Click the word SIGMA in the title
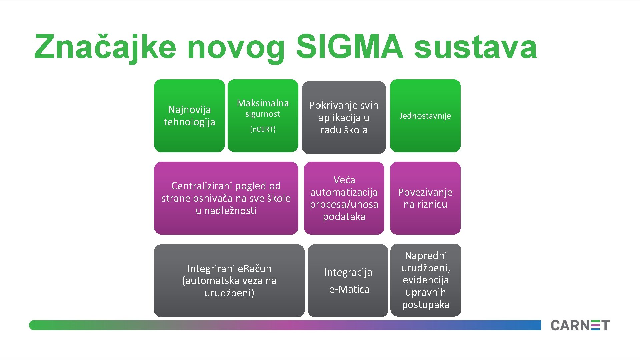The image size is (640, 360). (350, 47)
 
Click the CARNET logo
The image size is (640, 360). (580, 325)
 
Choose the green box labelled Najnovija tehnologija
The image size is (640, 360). (189, 116)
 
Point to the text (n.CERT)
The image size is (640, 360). (263, 129)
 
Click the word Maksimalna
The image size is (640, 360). (263, 103)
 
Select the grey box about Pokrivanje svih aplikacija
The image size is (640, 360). (344, 117)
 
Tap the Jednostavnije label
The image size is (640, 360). (425, 116)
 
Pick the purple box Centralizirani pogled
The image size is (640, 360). (226, 198)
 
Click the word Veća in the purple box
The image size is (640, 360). (344, 180)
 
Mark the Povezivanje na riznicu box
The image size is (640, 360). (425, 198)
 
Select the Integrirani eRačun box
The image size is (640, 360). (229, 281)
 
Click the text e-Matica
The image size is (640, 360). (349, 289)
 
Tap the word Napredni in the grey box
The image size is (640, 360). (426, 256)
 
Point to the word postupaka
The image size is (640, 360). (426, 305)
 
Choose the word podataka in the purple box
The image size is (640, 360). (344, 217)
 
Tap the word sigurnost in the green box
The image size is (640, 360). (263, 114)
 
